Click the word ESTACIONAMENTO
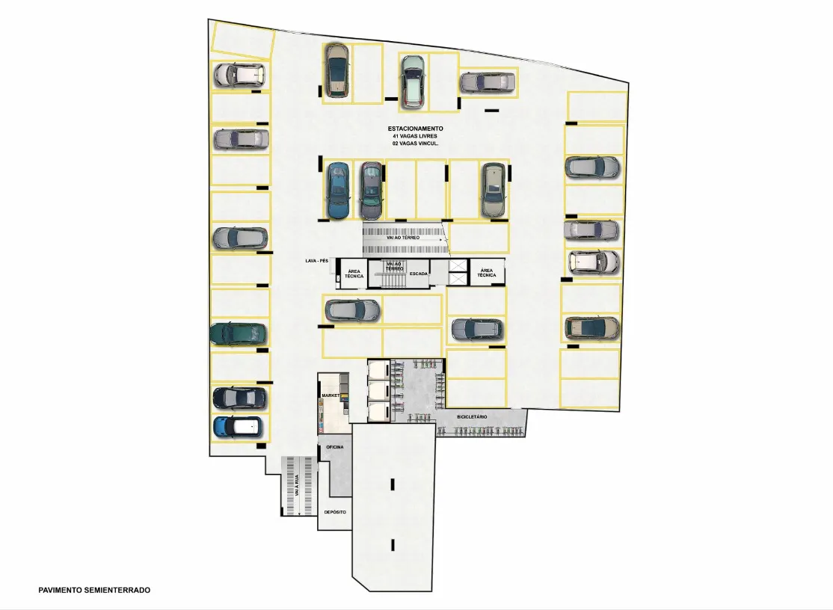pyautogui.click(x=416, y=129)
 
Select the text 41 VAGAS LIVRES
pyautogui.click(x=415, y=136)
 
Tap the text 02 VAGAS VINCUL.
pyautogui.click(x=416, y=144)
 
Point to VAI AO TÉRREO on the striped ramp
pyautogui.click(x=403, y=237)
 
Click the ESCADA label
pyautogui.click(x=419, y=274)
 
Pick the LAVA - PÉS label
pyautogui.click(x=316, y=261)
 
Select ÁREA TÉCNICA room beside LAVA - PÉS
pyautogui.click(x=354, y=274)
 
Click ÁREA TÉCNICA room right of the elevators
pyautogui.click(x=487, y=272)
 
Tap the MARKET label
pyautogui.click(x=331, y=395)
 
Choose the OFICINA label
pyautogui.click(x=335, y=447)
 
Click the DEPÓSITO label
pyautogui.click(x=335, y=512)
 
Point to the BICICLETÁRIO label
pyautogui.click(x=472, y=416)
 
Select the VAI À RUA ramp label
pyautogui.click(x=297, y=485)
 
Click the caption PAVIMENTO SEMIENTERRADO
pyautogui.click(x=94, y=590)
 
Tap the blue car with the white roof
pyautogui.click(x=238, y=427)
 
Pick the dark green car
pyautogui.click(x=238, y=333)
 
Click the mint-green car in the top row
pyautogui.click(x=413, y=81)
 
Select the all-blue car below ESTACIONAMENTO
pyautogui.click(x=338, y=191)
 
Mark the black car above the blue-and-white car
pyautogui.click(x=239, y=398)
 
